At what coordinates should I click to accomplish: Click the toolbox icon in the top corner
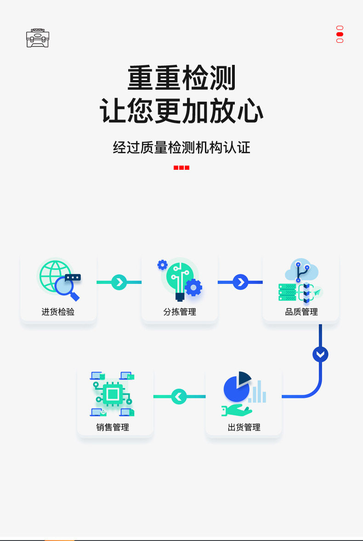coord(38,38)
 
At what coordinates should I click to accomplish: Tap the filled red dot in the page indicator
coord(340,34)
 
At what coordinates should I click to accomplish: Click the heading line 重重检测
coord(181,78)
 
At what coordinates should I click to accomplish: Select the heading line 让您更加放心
coord(181,111)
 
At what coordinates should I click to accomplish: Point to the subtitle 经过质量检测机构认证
coord(181,148)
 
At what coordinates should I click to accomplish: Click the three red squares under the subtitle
coord(181,167)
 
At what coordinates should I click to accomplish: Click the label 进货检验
coord(58,312)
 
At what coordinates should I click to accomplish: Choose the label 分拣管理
coord(180,312)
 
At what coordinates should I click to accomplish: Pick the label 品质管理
coord(301,312)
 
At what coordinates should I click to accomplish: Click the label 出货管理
coord(244,427)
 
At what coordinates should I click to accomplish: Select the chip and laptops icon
coord(113,394)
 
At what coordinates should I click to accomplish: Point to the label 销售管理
coord(113,427)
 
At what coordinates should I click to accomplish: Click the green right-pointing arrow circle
coord(119,282)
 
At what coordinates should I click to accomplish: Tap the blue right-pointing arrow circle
coord(240,282)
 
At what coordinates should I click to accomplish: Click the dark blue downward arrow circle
coord(320,354)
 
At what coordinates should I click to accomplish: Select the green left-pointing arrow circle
coord(179,396)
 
